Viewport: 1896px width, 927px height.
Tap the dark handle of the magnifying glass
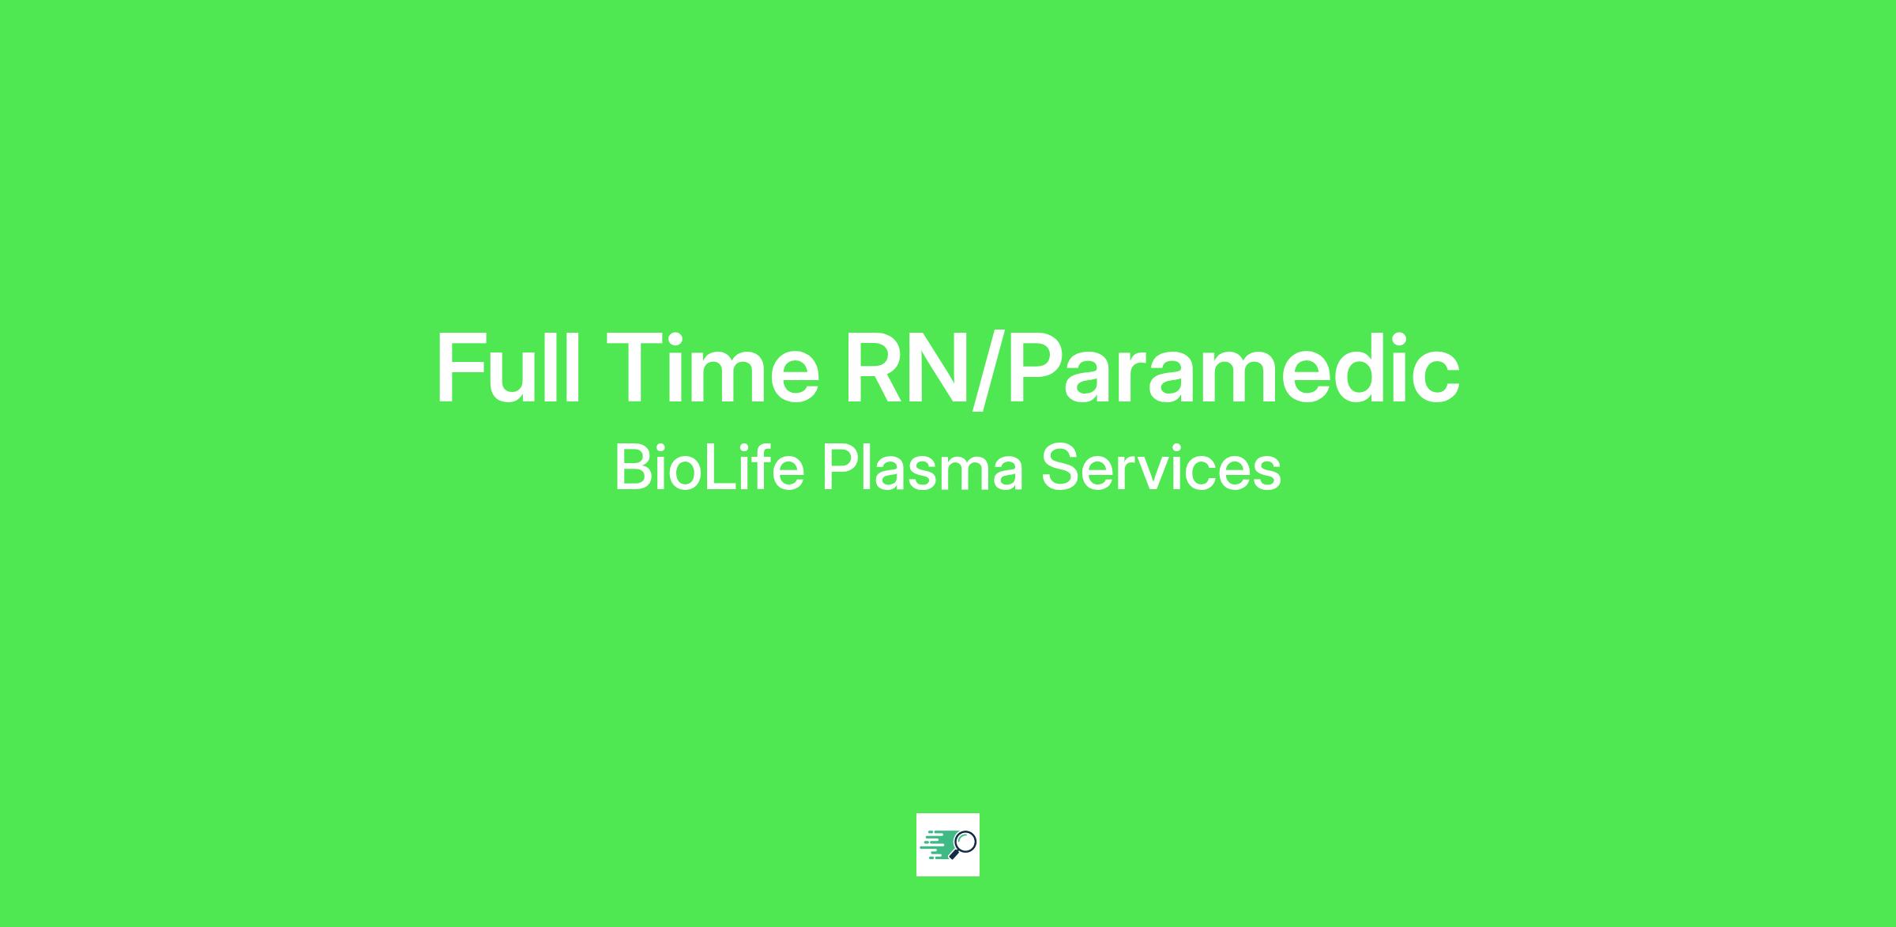pos(954,854)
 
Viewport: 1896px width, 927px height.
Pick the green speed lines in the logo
pos(937,845)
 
